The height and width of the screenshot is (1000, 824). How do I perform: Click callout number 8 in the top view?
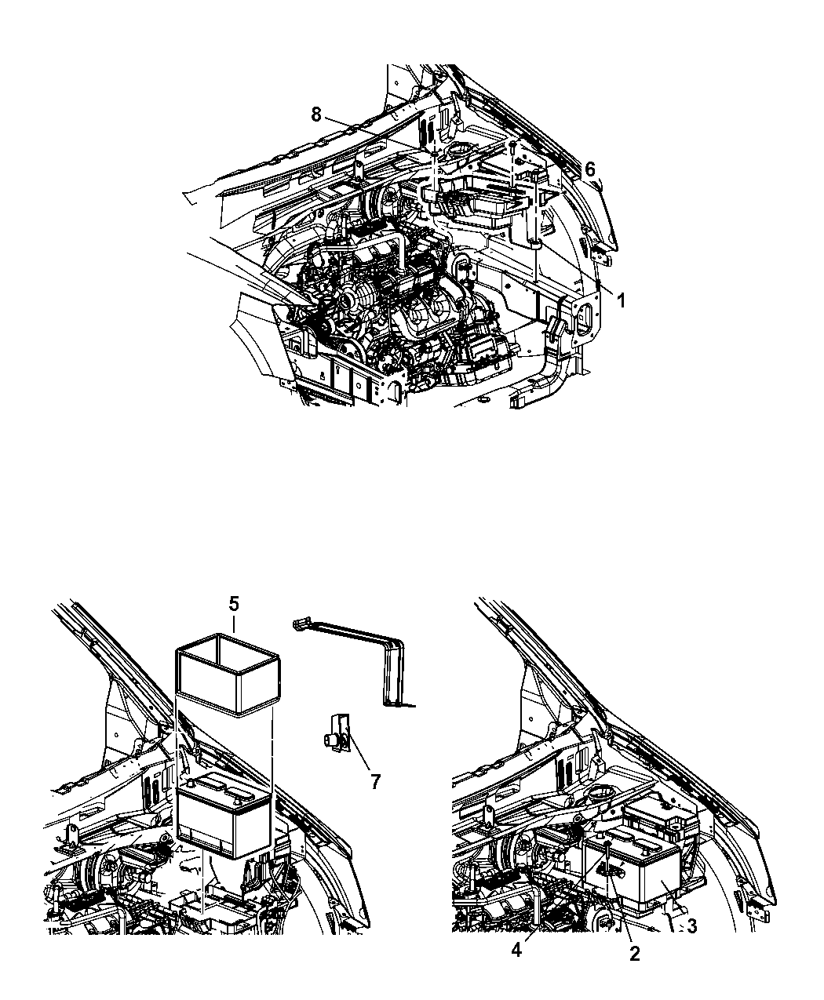coord(316,115)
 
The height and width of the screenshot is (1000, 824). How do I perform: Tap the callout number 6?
coord(590,169)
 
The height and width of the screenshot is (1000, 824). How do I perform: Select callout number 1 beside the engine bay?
coord(621,301)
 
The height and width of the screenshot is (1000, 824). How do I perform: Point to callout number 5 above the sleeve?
coord(233,605)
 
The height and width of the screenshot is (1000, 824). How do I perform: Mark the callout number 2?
coord(635,954)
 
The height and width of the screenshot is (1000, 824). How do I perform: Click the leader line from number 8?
coord(373,133)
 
